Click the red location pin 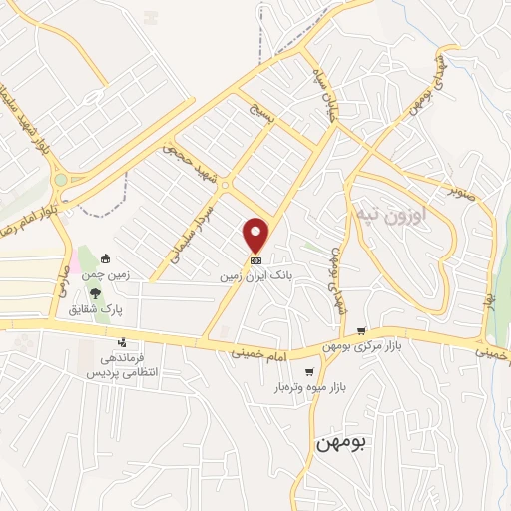pos(256,234)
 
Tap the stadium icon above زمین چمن pos(118,260)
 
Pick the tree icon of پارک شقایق pos(95,293)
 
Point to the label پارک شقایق pos(95,309)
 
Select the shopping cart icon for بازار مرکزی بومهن pos(361,331)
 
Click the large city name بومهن pos(326,442)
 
